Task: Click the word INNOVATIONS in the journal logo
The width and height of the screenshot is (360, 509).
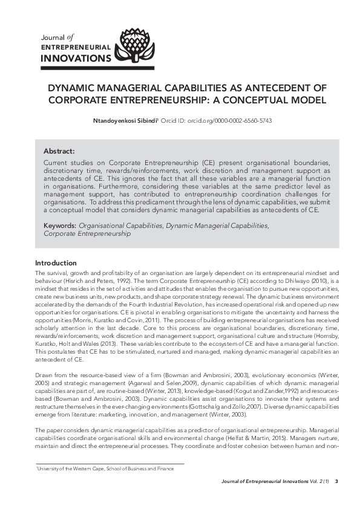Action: tap(76, 59)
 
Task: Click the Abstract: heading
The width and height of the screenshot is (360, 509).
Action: tap(59, 151)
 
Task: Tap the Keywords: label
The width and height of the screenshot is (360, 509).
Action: tap(60, 225)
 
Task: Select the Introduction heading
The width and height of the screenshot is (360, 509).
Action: tap(56, 263)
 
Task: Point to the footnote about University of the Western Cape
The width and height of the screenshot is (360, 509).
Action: tap(104, 468)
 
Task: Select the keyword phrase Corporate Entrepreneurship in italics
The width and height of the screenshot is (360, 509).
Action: tap(87, 233)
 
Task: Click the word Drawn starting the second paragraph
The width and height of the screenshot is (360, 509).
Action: tap(44, 375)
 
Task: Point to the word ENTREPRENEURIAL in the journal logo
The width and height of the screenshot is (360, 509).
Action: tap(76, 47)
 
